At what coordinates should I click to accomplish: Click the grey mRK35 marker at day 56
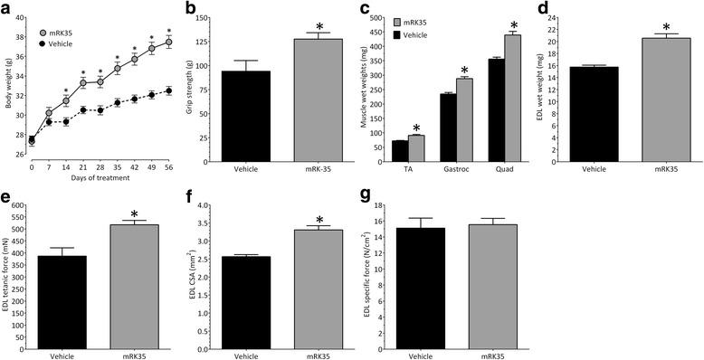pyautogui.click(x=167, y=43)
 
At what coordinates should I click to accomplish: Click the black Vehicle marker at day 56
pyautogui.click(x=168, y=90)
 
